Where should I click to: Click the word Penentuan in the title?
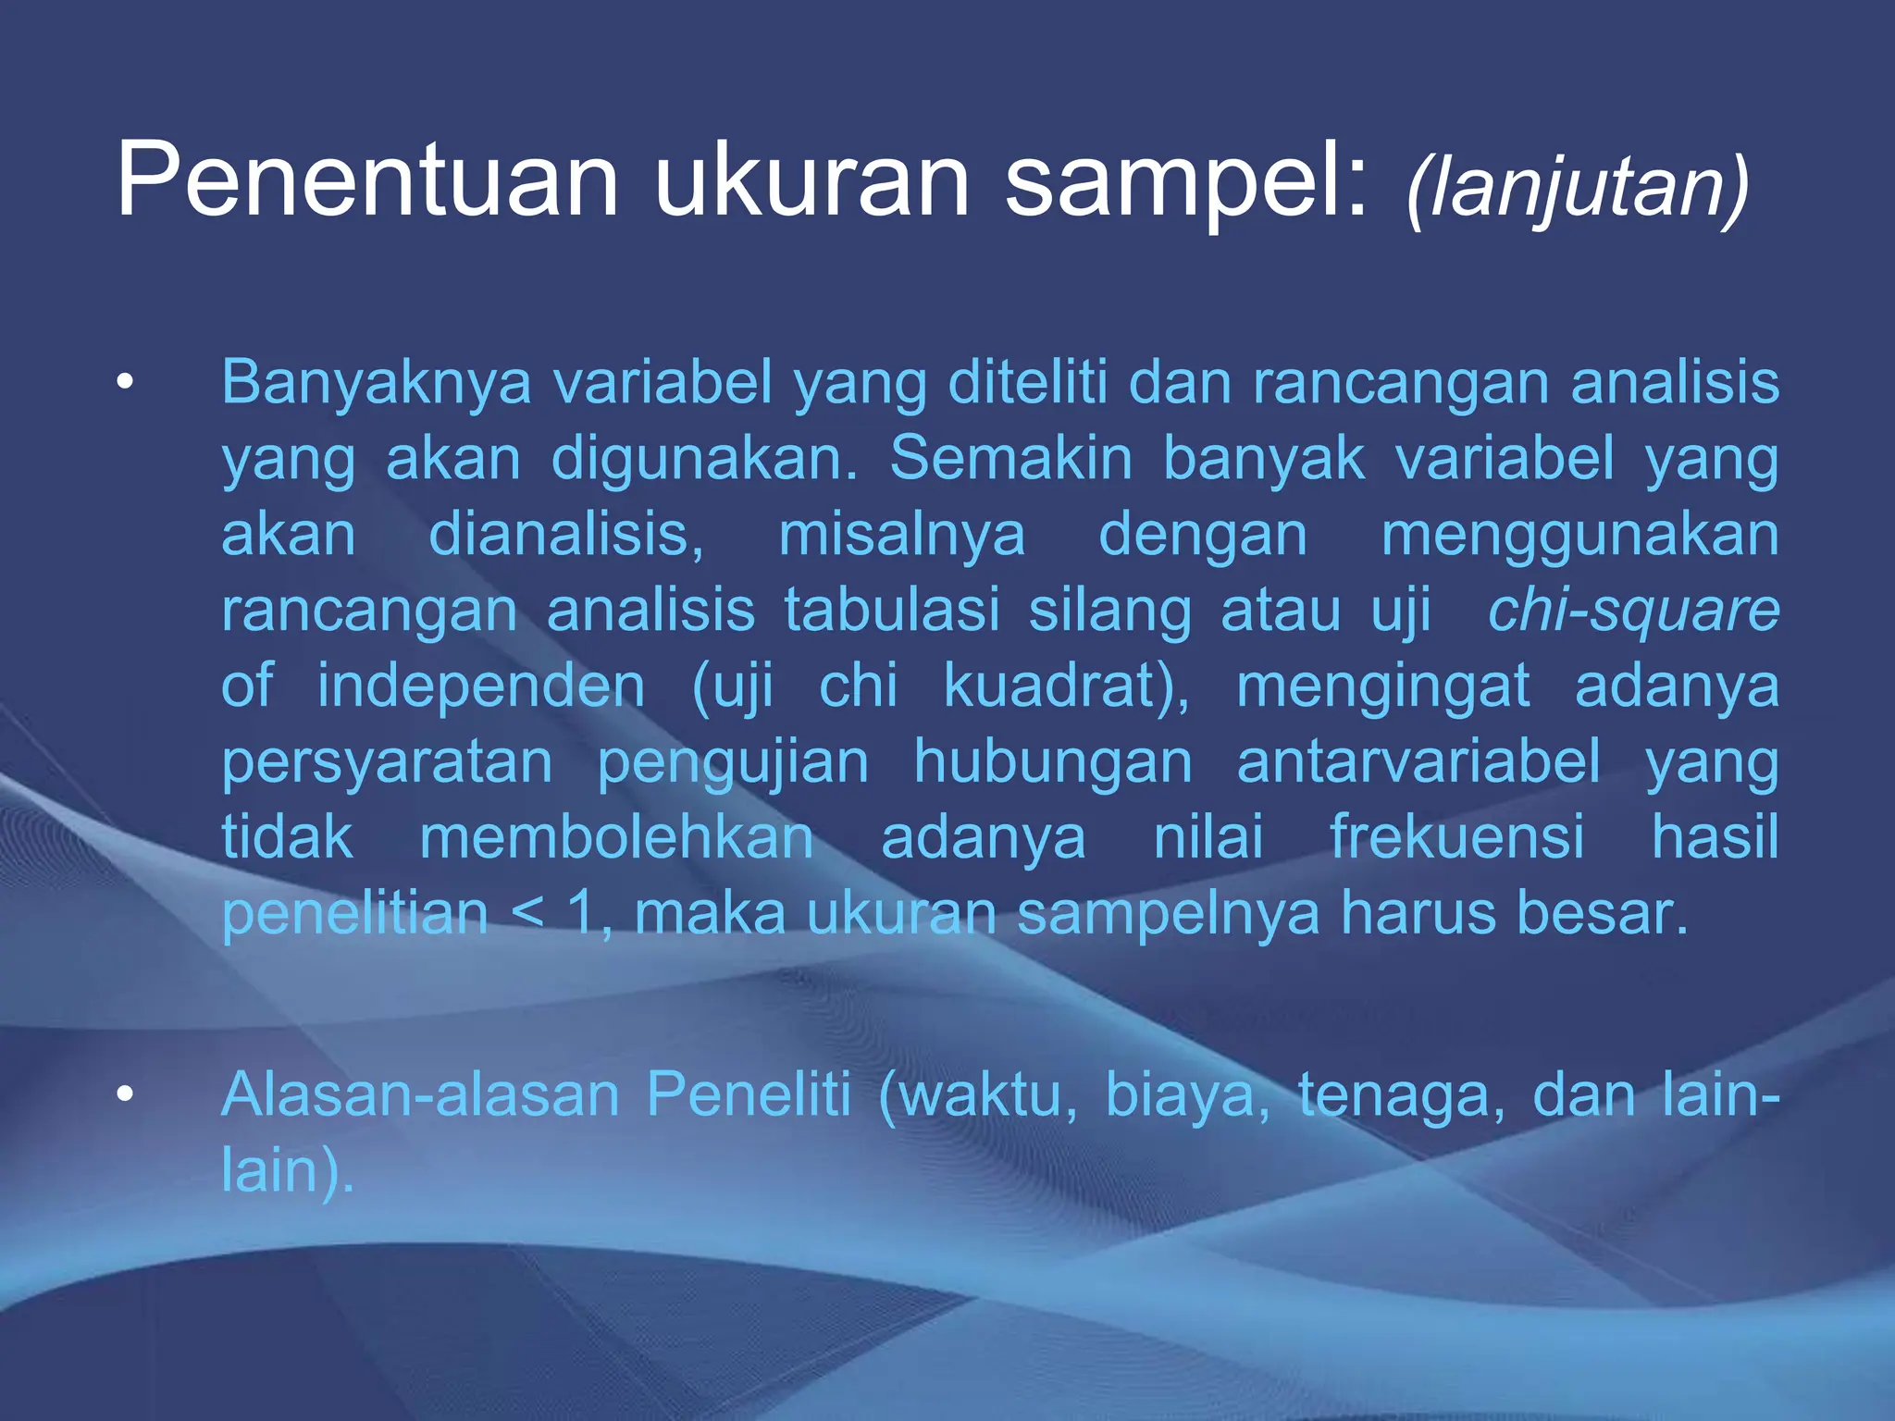point(366,179)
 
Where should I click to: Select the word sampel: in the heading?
point(1185,181)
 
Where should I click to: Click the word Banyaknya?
point(376,383)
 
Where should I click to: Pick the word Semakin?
point(1010,458)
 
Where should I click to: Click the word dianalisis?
point(565,535)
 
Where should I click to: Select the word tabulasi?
point(892,611)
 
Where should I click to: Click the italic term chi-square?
point(1633,611)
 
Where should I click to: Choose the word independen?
point(481,686)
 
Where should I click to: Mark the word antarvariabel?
point(1418,762)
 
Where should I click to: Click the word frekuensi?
point(1456,837)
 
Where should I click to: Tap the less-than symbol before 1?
point(527,914)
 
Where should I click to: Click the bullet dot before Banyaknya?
point(125,382)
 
